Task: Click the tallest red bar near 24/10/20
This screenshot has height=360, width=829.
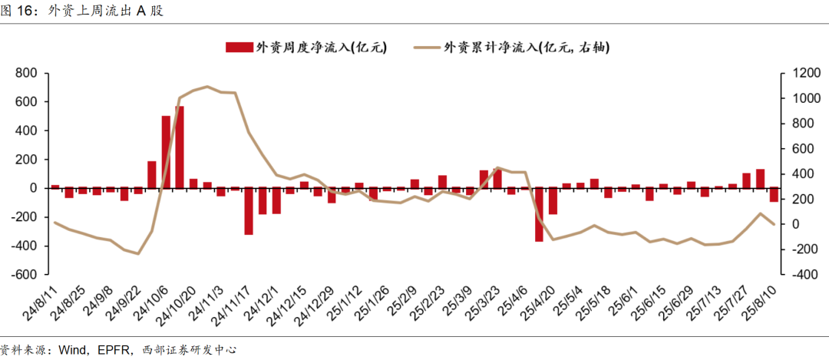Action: (180, 147)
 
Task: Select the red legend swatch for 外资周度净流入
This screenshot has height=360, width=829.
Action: (239, 48)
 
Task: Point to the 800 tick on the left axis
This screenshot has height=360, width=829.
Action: (27, 74)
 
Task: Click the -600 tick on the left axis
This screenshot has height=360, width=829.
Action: (25, 275)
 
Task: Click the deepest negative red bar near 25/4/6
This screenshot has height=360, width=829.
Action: (539, 214)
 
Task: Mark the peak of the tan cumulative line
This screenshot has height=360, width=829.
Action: (207, 87)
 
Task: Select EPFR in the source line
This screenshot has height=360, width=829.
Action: (114, 350)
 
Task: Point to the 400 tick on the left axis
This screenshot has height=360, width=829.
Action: (27, 130)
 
